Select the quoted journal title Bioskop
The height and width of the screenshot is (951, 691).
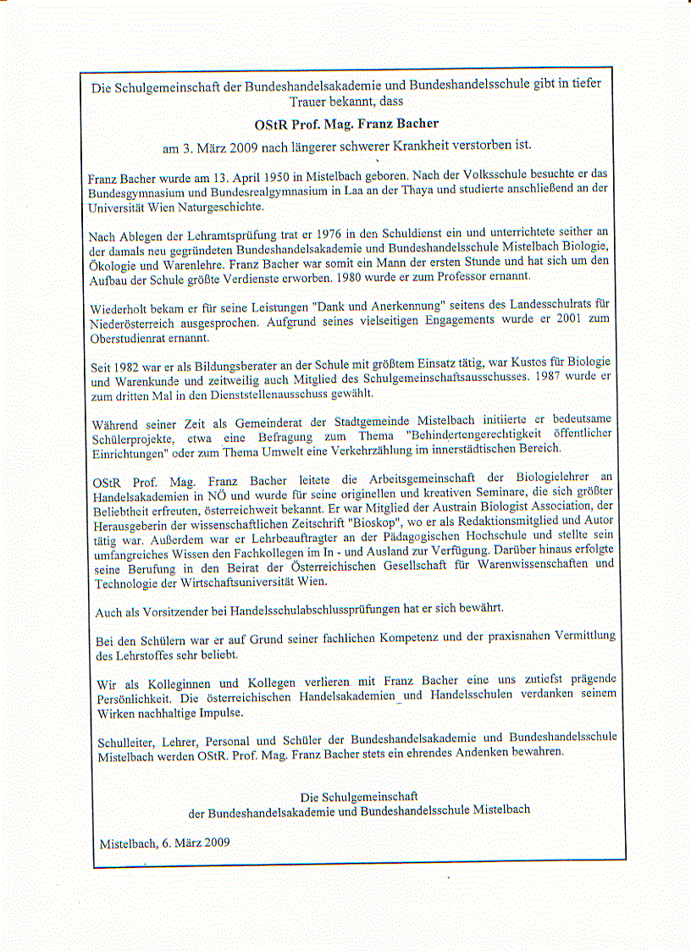tap(371, 522)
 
